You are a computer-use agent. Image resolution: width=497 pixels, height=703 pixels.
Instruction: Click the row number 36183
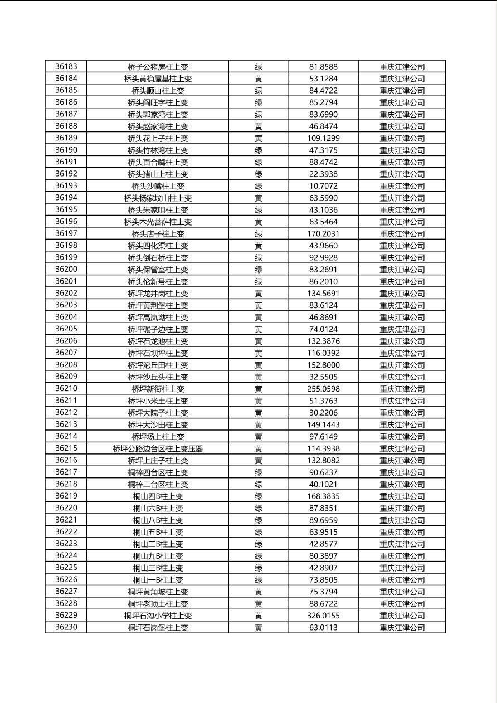coord(66,66)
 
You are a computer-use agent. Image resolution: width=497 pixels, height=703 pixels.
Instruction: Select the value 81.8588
coord(323,66)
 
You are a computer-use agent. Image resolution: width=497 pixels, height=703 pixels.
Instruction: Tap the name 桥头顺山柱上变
coord(158,90)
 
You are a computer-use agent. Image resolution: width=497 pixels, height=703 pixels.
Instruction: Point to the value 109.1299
coord(323,138)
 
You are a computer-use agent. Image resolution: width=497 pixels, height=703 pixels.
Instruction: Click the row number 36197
coord(66,233)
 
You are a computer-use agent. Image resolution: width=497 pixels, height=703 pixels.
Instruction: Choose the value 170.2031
coord(323,233)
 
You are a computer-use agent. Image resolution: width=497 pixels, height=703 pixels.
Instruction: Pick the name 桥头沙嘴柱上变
coord(158,186)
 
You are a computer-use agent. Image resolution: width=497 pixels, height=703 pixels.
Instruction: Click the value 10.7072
coord(323,186)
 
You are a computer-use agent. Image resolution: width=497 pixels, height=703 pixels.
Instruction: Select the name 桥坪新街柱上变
coord(158,389)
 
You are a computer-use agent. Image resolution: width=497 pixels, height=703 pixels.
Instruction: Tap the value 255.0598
coord(323,389)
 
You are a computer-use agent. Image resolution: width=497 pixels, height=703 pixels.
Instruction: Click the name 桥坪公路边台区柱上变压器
coord(158,448)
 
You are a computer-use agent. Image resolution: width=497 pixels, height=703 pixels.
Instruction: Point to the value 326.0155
coord(323,616)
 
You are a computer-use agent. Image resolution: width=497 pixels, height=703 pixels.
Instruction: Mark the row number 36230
coord(66,627)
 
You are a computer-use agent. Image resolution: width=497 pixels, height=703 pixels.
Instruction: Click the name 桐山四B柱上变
coord(158,496)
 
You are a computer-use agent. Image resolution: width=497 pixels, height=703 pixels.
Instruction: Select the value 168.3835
coord(323,496)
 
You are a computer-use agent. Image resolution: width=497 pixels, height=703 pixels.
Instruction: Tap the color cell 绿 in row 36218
coord(259,484)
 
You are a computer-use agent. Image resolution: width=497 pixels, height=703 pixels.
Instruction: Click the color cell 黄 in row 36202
coord(259,293)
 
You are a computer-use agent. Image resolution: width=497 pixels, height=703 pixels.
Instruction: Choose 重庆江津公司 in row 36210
coord(402,389)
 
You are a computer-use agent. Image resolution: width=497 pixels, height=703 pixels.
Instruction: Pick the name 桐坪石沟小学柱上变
coord(158,616)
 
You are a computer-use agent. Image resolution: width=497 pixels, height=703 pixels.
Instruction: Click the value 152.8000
coord(323,365)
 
